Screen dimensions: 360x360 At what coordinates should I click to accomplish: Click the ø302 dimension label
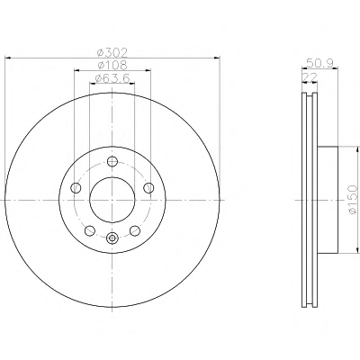tap(112, 53)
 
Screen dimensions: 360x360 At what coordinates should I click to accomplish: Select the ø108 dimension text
tap(112, 65)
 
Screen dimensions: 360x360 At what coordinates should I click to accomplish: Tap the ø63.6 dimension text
tap(112, 78)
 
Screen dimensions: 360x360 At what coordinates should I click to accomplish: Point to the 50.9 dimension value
tap(319, 63)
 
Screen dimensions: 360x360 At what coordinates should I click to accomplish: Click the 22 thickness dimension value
tap(310, 77)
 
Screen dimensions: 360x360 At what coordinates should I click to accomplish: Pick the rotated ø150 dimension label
tap(353, 200)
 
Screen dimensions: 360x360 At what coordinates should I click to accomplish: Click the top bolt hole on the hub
tap(112, 161)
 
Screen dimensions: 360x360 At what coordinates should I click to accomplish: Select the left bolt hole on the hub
tap(76, 188)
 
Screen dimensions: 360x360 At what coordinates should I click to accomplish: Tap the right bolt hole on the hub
tap(148, 188)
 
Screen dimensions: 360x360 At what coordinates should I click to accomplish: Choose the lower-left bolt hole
tap(90, 230)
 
